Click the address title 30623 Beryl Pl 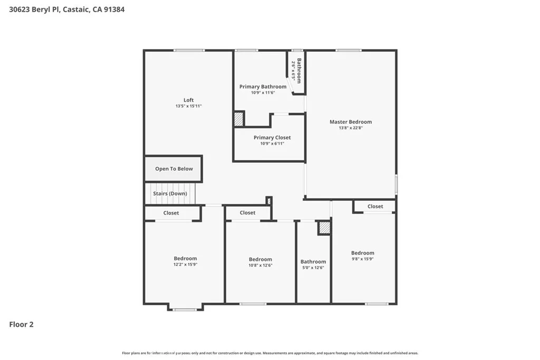click(x=66, y=9)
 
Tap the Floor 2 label click(x=21, y=325)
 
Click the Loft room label click(x=188, y=100)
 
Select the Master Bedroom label click(x=350, y=122)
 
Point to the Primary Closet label click(x=272, y=138)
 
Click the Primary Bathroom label click(x=263, y=86)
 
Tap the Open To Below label click(x=173, y=169)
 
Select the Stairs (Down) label click(x=170, y=193)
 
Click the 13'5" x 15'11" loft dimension click(x=188, y=106)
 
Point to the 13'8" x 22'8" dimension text click(x=350, y=128)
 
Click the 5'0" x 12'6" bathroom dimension click(x=313, y=268)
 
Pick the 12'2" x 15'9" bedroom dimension click(x=185, y=265)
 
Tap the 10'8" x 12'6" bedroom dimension click(x=260, y=265)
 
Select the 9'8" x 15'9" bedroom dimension click(x=362, y=259)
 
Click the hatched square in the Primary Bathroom click(x=239, y=119)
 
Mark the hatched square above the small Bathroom click(x=324, y=228)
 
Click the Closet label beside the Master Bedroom click(x=375, y=206)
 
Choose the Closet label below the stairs click(x=171, y=213)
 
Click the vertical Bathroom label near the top click(x=298, y=70)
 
